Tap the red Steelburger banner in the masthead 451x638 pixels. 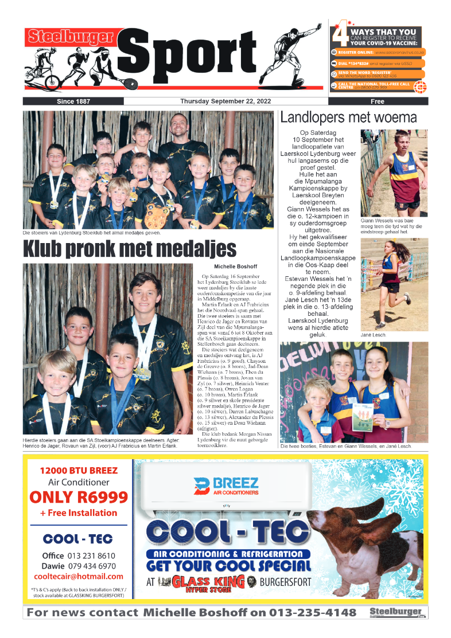[70, 37]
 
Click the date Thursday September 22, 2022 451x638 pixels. [226, 101]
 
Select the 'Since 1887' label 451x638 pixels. [73, 101]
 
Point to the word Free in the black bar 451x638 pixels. [378, 101]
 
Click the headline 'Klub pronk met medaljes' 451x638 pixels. [130, 249]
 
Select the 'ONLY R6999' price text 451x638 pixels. [79, 497]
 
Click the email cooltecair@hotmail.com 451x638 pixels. [79, 576]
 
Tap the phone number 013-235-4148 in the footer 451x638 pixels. [312, 613]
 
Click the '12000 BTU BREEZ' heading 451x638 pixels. [79, 471]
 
